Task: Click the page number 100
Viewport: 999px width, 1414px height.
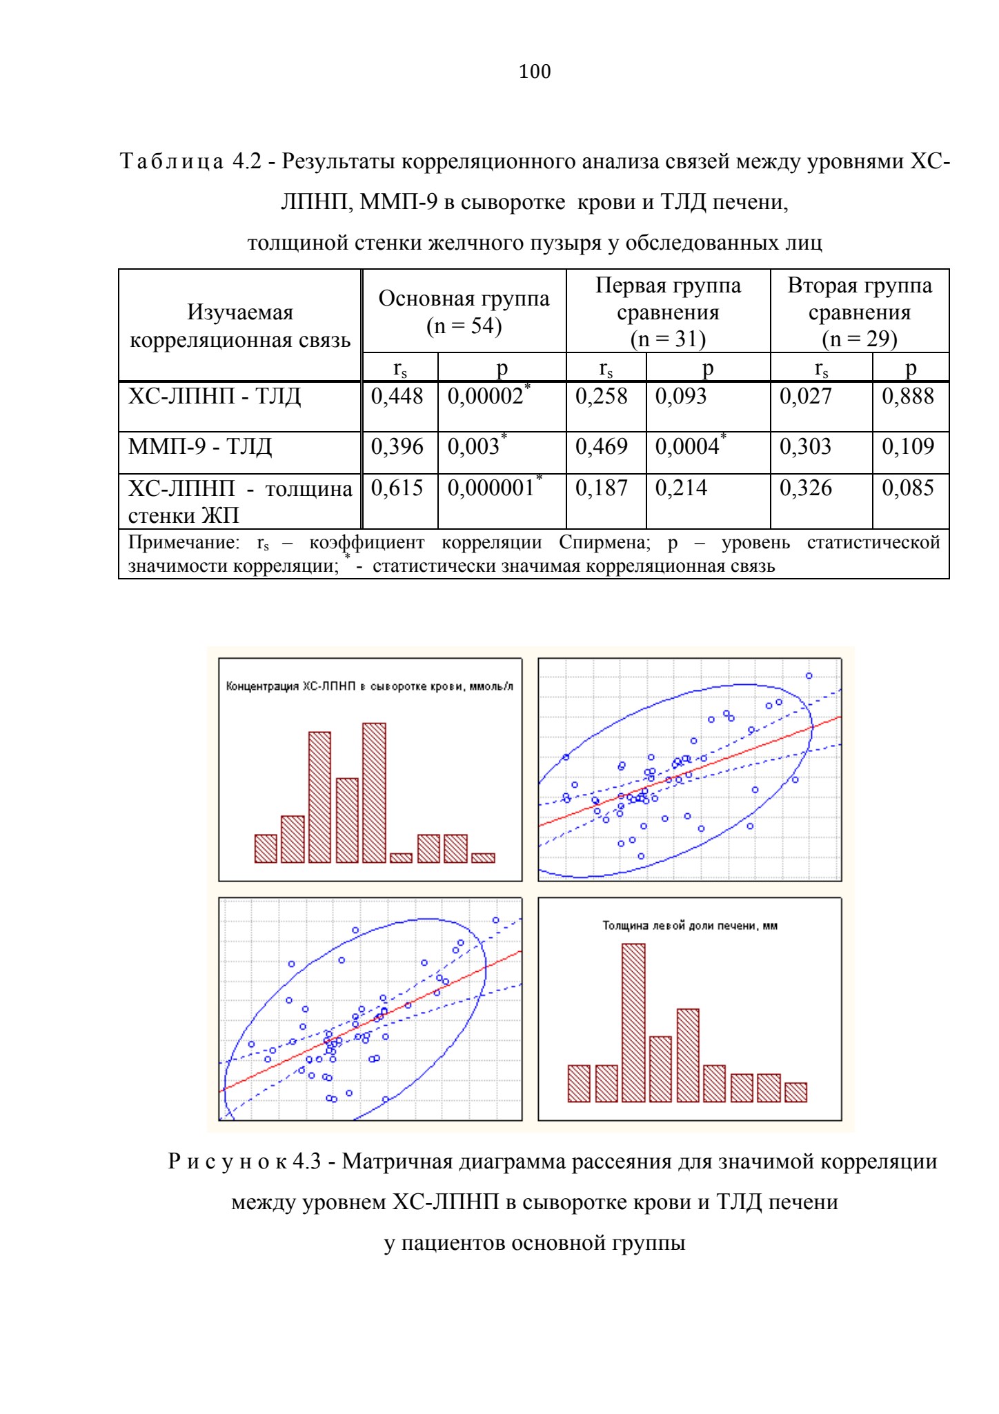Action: [535, 72]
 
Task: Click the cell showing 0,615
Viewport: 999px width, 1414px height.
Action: [397, 488]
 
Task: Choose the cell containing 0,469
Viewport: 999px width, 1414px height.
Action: [602, 446]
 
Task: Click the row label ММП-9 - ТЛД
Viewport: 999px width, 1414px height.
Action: [200, 447]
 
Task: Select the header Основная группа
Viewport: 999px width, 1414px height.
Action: [464, 299]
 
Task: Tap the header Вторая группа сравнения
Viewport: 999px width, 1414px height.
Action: [860, 299]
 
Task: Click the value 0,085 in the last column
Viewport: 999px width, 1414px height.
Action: [908, 488]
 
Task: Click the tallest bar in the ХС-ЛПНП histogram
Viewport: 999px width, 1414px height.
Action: [374, 793]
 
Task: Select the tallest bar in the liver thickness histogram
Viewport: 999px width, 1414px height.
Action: [633, 1023]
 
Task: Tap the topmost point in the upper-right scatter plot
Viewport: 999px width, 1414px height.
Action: [809, 675]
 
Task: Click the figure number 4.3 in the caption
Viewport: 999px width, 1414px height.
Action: [307, 1162]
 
